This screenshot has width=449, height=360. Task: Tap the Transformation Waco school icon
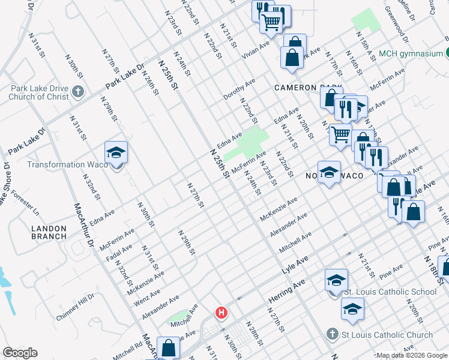click(116, 152)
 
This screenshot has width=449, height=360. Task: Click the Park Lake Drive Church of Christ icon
click(77, 92)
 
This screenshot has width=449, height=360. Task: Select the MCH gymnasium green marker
click(447, 53)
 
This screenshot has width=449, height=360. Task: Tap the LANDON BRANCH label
click(49, 232)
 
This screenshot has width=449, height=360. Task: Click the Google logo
click(20, 353)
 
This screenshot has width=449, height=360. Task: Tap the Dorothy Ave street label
click(240, 89)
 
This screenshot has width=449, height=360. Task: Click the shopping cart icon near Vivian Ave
click(271, 22)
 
